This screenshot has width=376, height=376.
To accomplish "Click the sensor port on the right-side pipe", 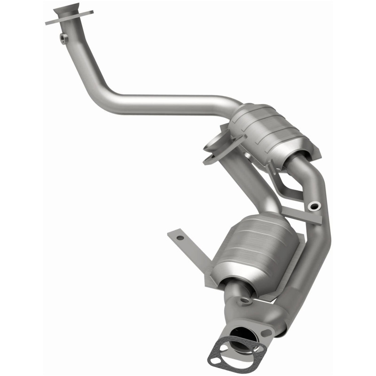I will tap(313, 205).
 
